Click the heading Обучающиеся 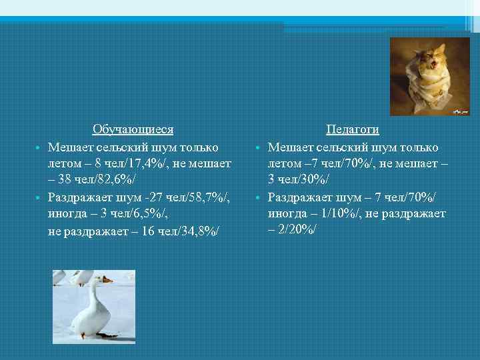point(133,129)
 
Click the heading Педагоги point(352,129)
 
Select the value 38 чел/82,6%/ point(101,180)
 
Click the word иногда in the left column point(66,214)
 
